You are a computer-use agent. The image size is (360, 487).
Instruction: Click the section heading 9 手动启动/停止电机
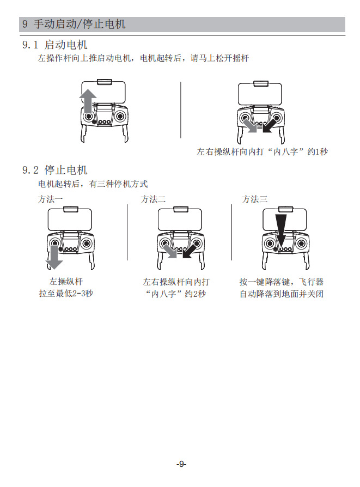74,25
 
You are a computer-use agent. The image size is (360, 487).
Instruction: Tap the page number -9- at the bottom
181,464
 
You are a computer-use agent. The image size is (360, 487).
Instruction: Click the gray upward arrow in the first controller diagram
87,101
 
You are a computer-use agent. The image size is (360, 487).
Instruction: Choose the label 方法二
153,199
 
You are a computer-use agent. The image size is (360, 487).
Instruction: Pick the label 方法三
255,199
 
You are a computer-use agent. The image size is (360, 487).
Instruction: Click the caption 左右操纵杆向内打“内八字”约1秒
262,152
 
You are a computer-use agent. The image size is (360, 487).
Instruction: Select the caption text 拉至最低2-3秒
65,294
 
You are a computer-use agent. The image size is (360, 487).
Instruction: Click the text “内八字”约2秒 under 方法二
176,294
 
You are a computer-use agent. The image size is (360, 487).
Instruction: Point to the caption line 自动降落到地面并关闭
282,294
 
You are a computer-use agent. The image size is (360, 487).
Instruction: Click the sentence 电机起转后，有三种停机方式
93,184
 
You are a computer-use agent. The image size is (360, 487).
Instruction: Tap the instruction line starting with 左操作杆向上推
143,58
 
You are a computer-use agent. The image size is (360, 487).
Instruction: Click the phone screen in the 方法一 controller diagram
69,220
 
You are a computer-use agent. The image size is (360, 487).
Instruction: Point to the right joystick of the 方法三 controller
301,243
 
